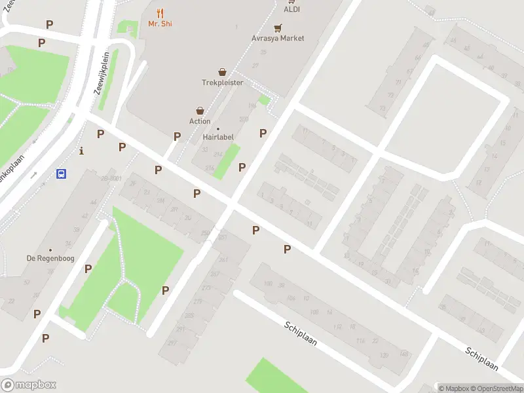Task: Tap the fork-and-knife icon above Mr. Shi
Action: [160, 12]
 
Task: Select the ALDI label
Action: [291, 9]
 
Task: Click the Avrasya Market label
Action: [278, 38]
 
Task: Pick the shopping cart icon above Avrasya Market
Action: [278, 28]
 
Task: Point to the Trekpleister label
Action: [222, 83]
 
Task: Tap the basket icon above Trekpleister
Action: [223, 72]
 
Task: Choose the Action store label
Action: [200, 121]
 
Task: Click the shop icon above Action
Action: [200, 111]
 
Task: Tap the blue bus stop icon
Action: [62, 174]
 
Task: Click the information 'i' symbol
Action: [81, 150]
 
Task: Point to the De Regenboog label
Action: [50, 258]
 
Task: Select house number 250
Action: [205, 233]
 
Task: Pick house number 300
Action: [244, 119]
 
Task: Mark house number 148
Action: [403, 354]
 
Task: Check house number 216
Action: [210, 168]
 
